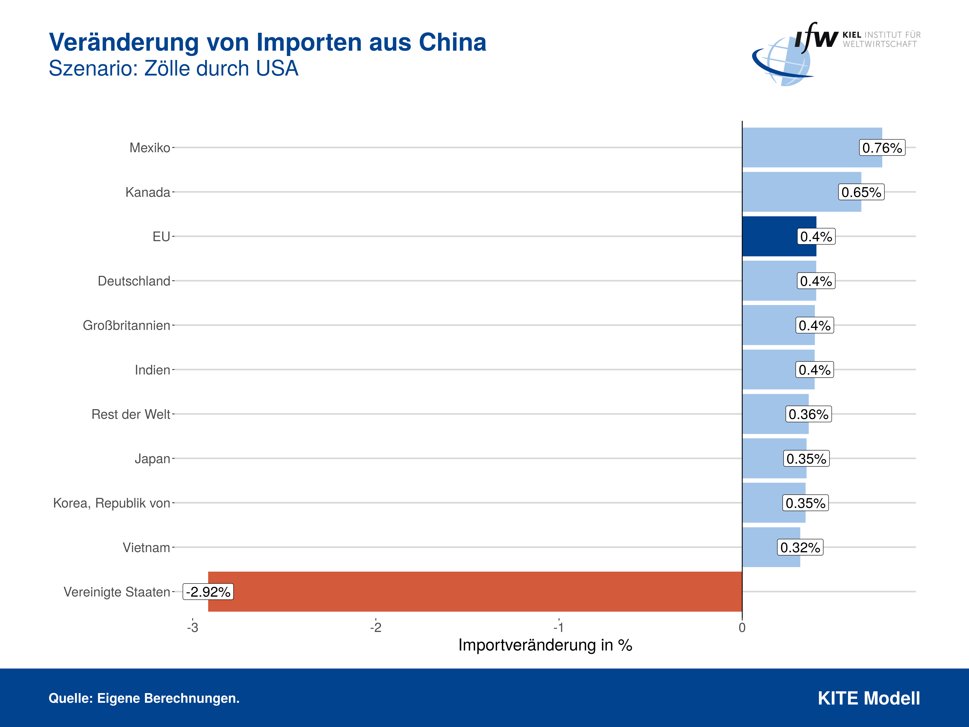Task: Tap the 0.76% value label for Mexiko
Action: pos(881,148)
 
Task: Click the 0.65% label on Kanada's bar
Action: pos(861,192)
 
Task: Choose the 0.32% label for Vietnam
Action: pos(800,547)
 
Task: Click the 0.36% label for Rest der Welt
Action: pos(808,414)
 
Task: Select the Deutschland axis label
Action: pos(134,281)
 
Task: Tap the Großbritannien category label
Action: pos(126,325)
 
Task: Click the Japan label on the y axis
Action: pos(152,458)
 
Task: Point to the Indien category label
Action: pos(152,370)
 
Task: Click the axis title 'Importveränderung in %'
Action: pos(545,645)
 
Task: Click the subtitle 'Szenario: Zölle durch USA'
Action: pos(173,68)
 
